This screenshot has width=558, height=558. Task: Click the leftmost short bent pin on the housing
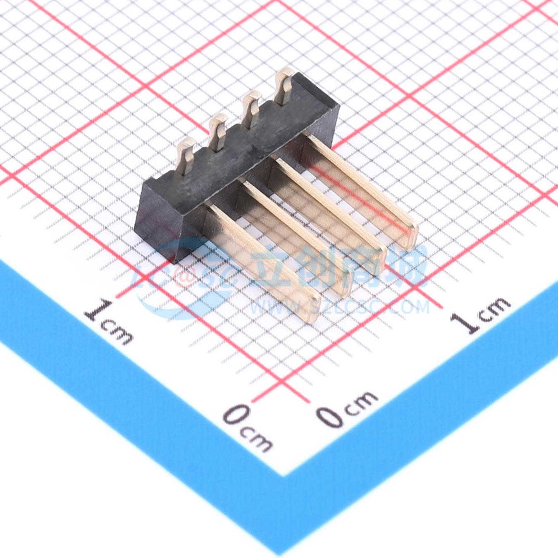tap(186, 156)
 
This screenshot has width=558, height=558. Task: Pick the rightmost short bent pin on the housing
tap(284, 86)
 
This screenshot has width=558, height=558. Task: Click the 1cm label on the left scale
tap(109, 322)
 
